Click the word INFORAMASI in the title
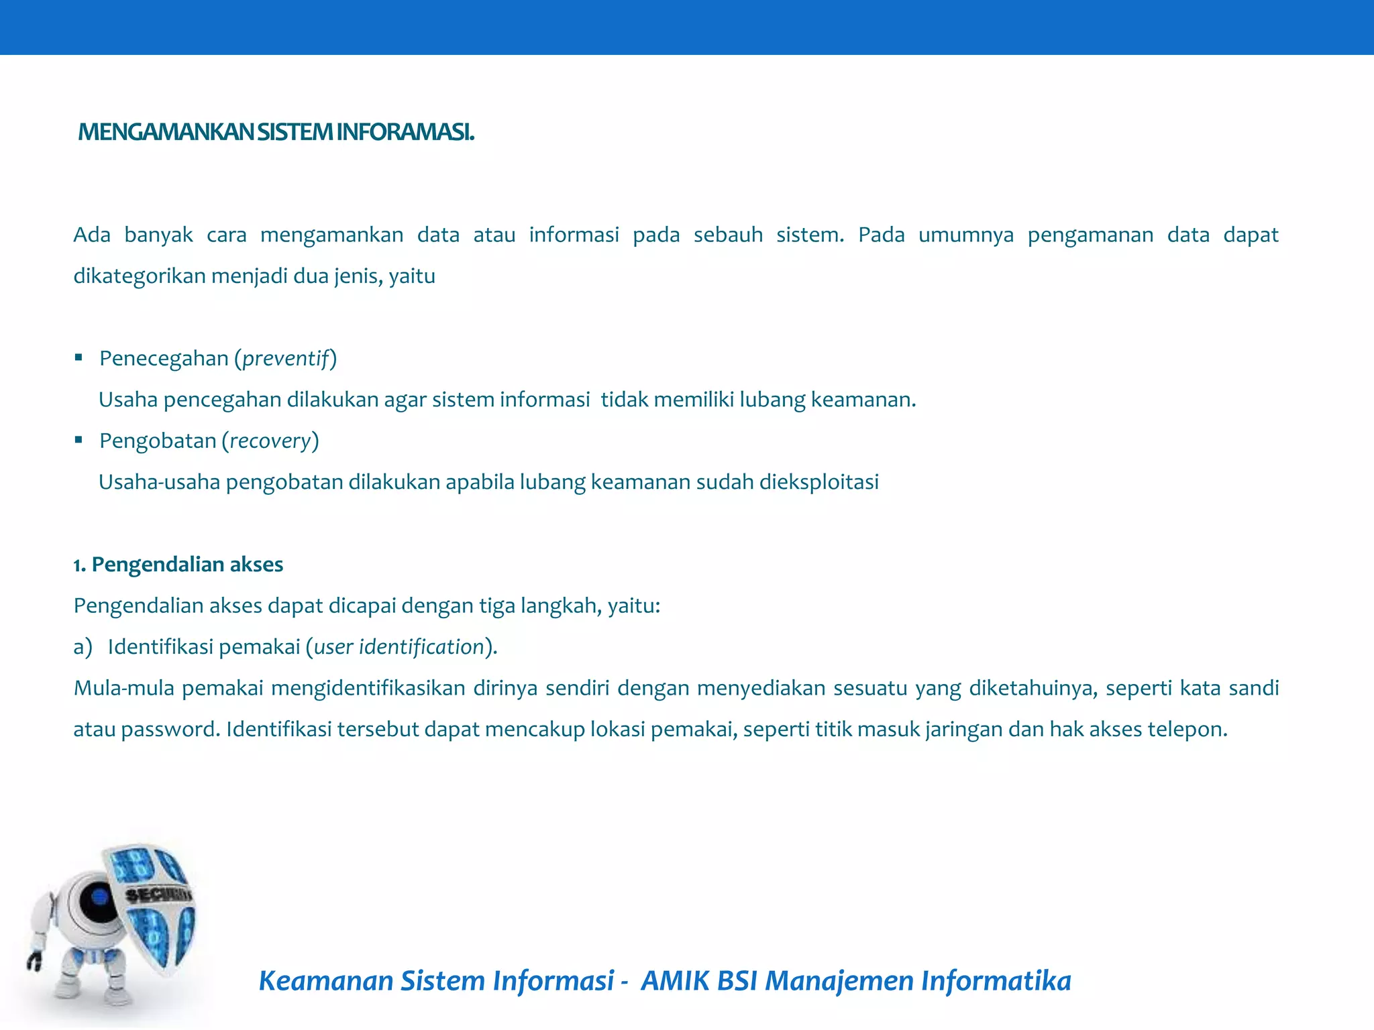(x=405, y=132)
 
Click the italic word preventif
(x=286, y=359)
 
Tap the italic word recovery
(x=270, y=441)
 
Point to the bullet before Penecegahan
(x=78, y=357)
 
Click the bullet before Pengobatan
(x=78, y=440)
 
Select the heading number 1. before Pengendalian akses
(x=80, y=565)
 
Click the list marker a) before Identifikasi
(x=83, y=647)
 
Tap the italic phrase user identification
(x=399, y=647)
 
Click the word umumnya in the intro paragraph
(x=966, y=235)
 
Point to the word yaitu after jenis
(x=412, y=276)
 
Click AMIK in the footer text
(x=674, y=981)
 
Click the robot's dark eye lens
(x=98, y=897)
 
